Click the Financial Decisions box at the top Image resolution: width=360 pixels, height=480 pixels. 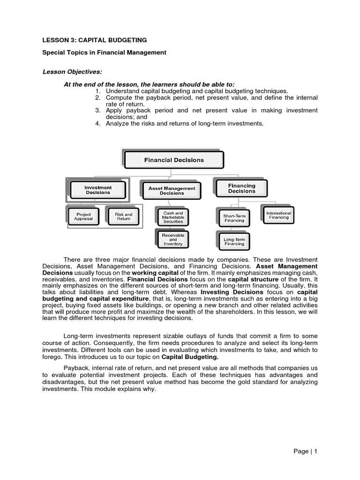click(174, 160)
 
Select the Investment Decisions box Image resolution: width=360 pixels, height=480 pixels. click(98, 190)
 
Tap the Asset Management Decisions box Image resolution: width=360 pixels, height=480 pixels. click(172, 191)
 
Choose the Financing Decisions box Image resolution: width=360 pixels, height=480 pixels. click(241, 188)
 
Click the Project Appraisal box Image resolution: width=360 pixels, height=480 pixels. click(83, 217)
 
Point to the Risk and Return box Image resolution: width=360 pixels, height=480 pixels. click(124, 217)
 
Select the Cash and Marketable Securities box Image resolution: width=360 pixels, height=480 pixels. click(173, 217)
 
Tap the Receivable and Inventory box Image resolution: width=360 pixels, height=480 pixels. click(173, 239)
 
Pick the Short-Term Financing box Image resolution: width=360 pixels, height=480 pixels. click(234, 218)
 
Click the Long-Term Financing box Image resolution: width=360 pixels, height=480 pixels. click(234, 241)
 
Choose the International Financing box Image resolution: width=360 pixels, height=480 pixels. click(278, 215)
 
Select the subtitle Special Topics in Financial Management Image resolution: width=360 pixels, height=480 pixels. click(105, 52)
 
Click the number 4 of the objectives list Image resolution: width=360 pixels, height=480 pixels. click(98, 124)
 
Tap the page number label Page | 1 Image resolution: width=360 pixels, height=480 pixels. click(306, 451)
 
